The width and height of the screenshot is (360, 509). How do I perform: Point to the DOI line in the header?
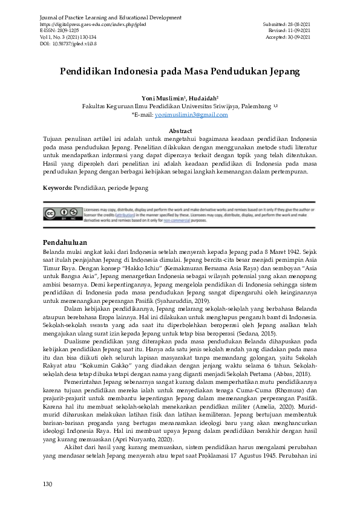point(68,44)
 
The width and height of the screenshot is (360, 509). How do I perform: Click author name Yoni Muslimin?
point(164,97)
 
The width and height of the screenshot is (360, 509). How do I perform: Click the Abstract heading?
point(180,131)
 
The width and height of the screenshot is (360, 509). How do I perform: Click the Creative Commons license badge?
point(61,213)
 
